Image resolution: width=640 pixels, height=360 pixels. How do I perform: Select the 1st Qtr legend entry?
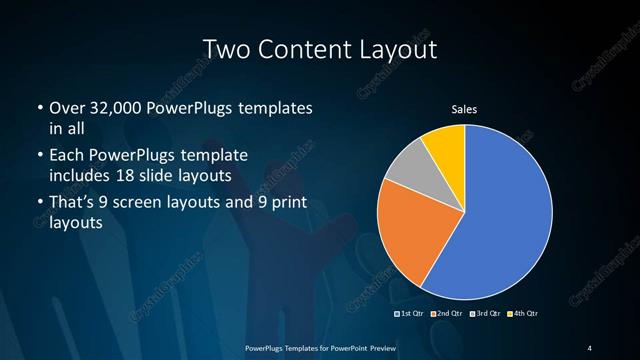(410, 314)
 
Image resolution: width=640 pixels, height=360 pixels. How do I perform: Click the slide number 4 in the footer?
(590, 347)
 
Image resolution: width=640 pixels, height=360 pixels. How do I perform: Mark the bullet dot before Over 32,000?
(39, 107)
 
